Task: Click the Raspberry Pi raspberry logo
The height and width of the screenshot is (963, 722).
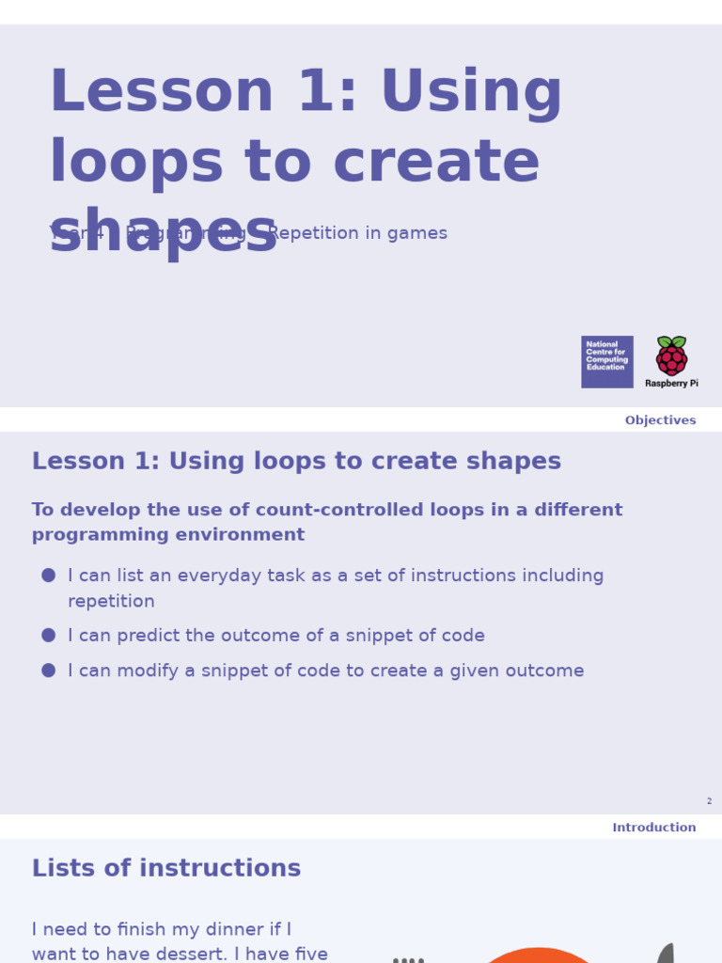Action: (x=671, y=355)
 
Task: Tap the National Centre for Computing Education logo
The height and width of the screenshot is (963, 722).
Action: (x=606, y=361)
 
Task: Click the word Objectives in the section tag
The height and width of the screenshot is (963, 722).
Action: (x=660, y=420)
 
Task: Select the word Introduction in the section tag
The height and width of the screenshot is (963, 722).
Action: (x=653, y=828)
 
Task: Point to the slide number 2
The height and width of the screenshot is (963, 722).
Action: (x=709, y=801)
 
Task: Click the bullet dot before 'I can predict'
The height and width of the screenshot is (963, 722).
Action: (x=49, y=636)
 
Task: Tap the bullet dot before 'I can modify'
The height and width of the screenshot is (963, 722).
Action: (x=49, y=671)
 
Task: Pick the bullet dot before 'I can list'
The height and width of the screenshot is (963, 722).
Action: (x=49, y=575)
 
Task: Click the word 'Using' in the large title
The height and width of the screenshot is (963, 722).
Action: (x=471, y=92)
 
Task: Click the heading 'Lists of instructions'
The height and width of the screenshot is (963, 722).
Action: (x=166, y=868)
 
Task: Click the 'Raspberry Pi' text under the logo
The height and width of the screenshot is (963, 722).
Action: (x=671, y=384)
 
